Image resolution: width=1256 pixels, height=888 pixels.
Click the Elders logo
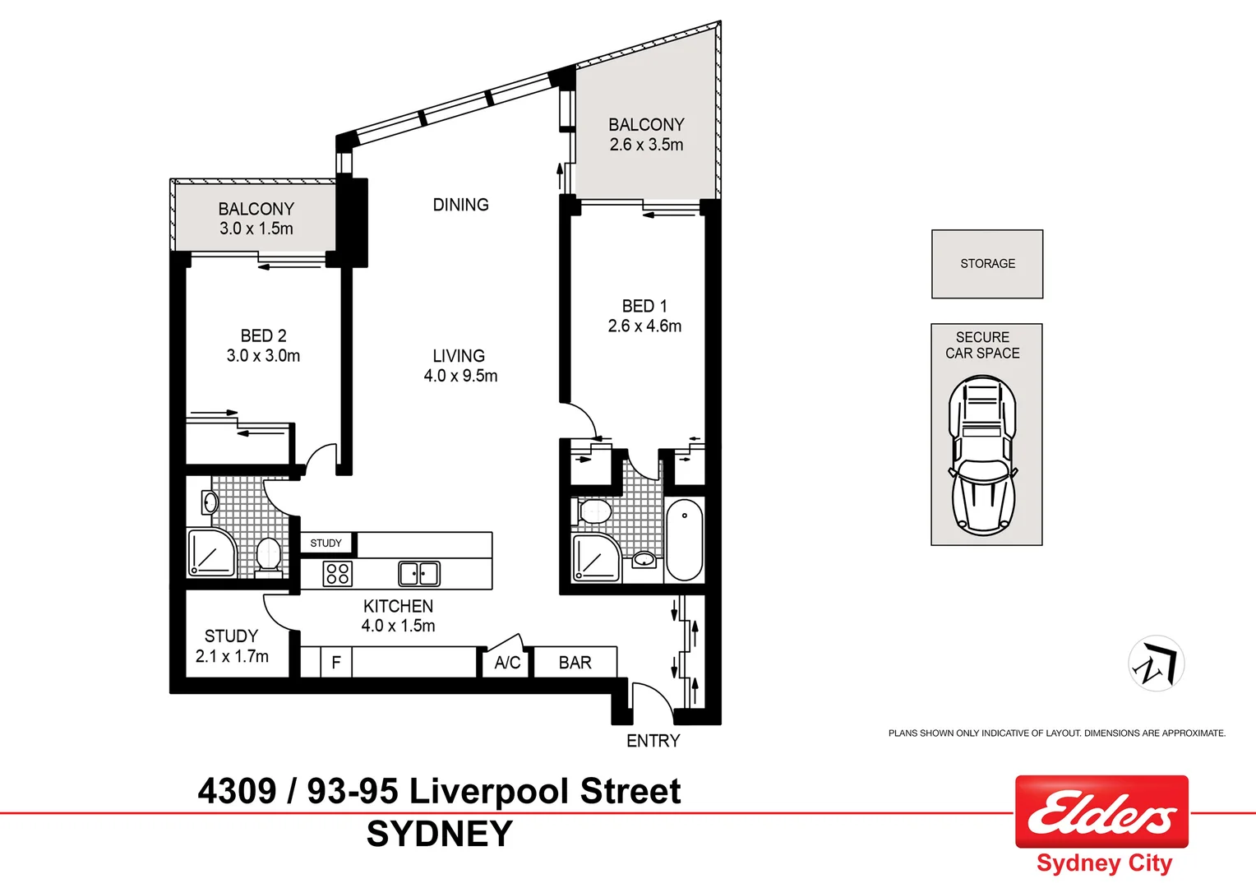pyautogui.click(x=1101, y=812)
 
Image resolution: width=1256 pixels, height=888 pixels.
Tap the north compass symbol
pyautogui.click(x=1156, y=664)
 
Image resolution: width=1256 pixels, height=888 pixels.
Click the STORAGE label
pyautogui.click(x=987, y=264)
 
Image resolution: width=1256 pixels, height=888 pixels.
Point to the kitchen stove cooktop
pyautogui.click(x=337, y=573)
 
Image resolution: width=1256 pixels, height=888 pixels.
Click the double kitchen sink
pyautogui.click(x=419, y=573)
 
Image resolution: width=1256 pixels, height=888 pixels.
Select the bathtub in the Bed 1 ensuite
pyautogui.click(x=684, y=539)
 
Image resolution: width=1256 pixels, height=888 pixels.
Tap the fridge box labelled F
pyautogui.click(x=335, y=663)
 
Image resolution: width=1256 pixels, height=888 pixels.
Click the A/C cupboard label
pyautogui.click(x=507, y=663)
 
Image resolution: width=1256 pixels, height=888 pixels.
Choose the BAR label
pyautogui.click(x=575, y=663)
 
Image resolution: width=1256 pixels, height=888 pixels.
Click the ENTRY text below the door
pyautogui.click(x=653, y=741)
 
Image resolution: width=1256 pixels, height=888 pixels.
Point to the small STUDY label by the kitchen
pyautogui.click(x=326, y=543)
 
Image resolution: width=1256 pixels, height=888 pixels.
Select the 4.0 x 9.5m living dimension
pyautogui.click(x=460, y=377)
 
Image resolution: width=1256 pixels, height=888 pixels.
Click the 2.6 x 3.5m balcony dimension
pyautogui.click(x=646, y=145)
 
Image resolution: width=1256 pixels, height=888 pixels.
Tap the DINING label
pyautogui.click(x=460, y=205)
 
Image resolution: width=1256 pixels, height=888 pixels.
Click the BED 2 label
pyautogui.click(x=263, y=335)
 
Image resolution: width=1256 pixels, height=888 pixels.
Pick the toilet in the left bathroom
pyautogui.click(x=268, y=555)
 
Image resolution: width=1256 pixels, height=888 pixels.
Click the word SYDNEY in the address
pyautogui.click(x=439, y=835)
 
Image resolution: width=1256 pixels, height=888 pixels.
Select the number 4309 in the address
pyautogui.click(x=237, y=792)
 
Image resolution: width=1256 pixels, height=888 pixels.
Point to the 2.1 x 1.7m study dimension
pyautogui.click(x=232, y=657)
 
